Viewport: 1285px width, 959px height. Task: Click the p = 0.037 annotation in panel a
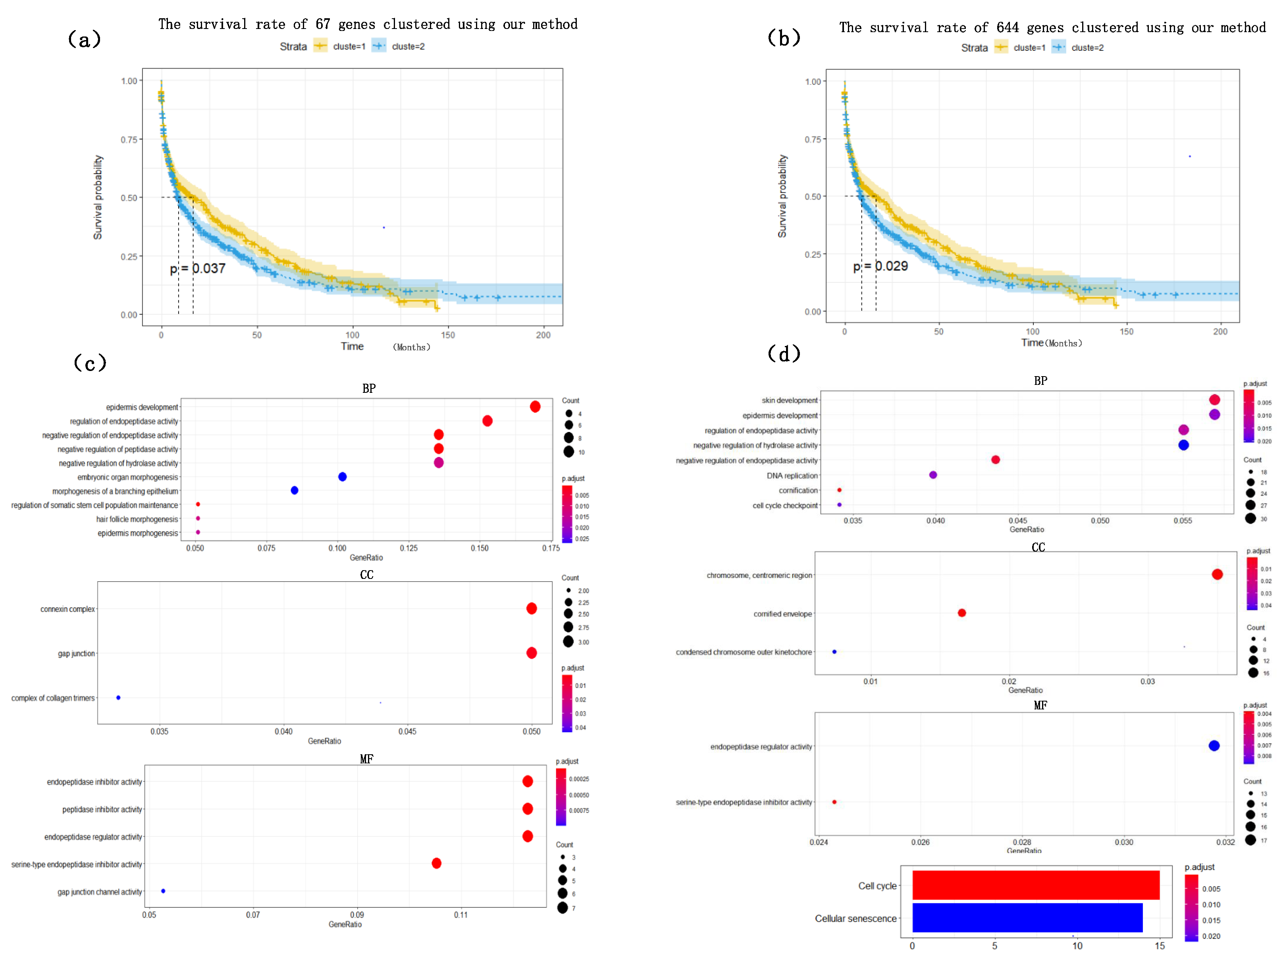(197, 268)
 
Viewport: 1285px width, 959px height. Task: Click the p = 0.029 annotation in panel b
(880, 266)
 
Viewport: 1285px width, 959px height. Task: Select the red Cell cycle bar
(1035, 885)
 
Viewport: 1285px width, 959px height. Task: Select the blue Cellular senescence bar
(1027, 917)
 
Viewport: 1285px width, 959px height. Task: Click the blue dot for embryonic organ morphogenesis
(342, 477)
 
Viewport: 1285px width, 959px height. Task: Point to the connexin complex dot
(531, 608)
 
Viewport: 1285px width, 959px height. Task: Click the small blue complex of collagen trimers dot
(118, 697)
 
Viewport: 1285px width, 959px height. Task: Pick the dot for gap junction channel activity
(163, 890)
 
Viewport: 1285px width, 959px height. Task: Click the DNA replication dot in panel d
(932, 475)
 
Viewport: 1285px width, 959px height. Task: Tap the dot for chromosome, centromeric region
(1217, 574)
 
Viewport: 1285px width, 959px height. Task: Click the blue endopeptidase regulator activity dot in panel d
(1214, 746)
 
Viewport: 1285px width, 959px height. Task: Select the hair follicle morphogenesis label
(137, 519)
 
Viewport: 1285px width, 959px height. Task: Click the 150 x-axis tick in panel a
(448, 335)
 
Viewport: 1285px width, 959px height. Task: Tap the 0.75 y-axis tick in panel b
(812, 139)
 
